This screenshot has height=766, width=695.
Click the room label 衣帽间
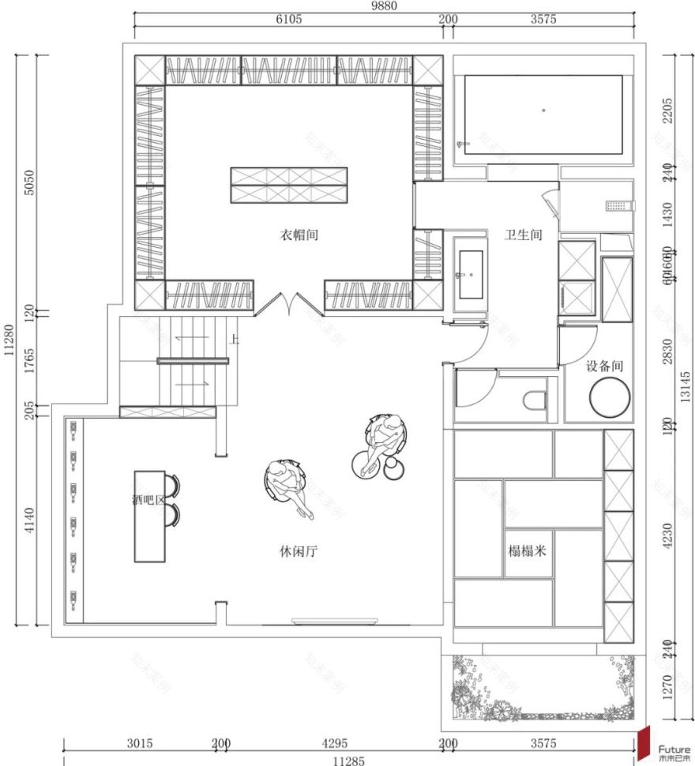coord(299,235)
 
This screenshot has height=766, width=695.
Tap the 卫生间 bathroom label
coord(524,235)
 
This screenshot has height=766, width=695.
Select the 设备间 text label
coord(605,366)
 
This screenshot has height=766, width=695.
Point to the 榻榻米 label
coord(527,550)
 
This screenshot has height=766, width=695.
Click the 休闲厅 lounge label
coord(299,550)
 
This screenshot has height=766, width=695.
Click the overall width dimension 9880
coord(385,6)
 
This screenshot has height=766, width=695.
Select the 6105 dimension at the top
coord(288,20)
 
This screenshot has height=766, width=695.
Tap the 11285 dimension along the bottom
coord(348,760)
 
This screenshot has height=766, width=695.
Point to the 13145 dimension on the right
coord(686,388)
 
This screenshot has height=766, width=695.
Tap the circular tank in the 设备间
coord(609,396)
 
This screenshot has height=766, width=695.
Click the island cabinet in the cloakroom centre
coord(289,186)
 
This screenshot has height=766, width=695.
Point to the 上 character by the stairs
coord(235,340)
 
